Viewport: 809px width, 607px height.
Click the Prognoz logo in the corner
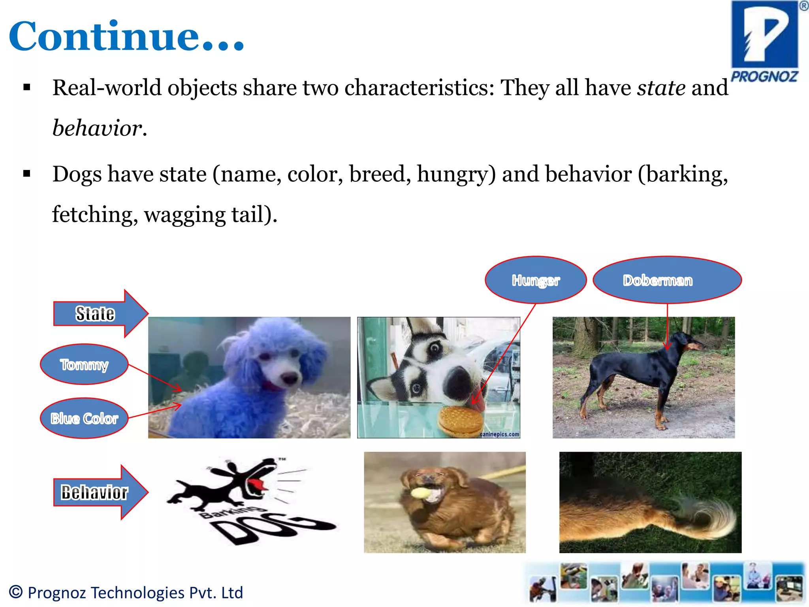click(x=764, y=41)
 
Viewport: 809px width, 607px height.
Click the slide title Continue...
click(x=126, y=36)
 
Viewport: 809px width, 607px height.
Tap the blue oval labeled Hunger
click(x=535, y=280)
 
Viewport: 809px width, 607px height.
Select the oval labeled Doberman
click(x=667, y=280)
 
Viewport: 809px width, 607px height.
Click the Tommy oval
click(x=84, y=364)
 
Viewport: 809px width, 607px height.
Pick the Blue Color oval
click(x=84, y=418)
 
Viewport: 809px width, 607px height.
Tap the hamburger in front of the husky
click(x=460, y=421)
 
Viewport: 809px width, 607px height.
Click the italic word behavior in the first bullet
click(x=97, y=128)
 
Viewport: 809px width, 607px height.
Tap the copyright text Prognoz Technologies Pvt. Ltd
click(x=126, y=592)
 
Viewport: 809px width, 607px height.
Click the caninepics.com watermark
click(x=499, y=434)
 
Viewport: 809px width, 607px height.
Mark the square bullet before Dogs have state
click(x=27, y=173)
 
